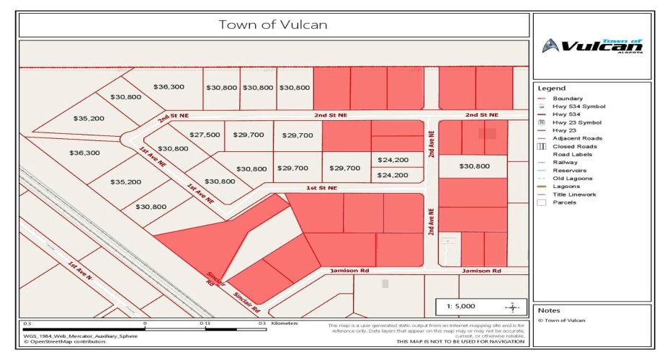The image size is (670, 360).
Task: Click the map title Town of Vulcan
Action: pyautogui.click(x=273, y=24)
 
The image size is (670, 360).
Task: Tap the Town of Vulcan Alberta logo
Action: pyautogui.click(x=592, y=47)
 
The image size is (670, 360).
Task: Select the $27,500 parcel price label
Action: pyautogui.click(x=205, y=135)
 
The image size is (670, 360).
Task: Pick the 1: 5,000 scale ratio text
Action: pyautogui.click(x=461, y=306)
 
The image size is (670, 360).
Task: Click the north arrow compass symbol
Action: pyautogui.click(x=512, y=307)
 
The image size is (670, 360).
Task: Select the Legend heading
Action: pyautogui.click(x=552, y=88)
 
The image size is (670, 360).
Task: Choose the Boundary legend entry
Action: pyautogui.click(x=568, y=99)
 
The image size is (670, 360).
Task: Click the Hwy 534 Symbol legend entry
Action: pyautogui.click(x=578, y=107)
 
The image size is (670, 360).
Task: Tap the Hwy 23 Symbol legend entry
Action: pyautogui.click(x=576, y=122)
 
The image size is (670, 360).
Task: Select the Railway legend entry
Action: pyautogui.click(x=566, y=163)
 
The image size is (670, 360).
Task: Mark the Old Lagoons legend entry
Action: pyautogui.click(x=573, y=179)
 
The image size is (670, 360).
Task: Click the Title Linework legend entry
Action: pyautogui.click(x=574, y=194)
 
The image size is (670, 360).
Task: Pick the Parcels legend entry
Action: pyautogui.click(x=565, y=202)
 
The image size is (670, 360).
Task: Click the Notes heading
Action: pyautogui.click(x=550, y=310)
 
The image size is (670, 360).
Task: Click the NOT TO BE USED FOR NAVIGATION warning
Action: pyautogui.click(x=460, y=341)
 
